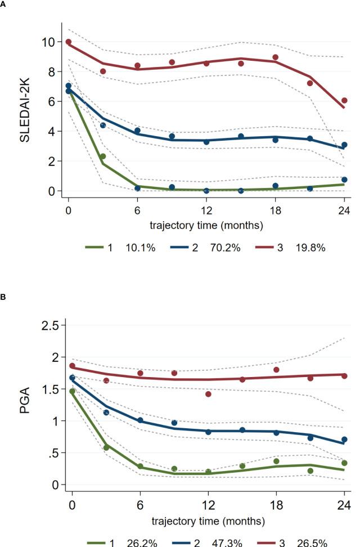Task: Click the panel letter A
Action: pos(3,3)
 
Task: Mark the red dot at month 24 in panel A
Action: pos(344,101)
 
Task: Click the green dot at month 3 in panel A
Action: pos(103,156)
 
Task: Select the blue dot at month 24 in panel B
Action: pos(344,440)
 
